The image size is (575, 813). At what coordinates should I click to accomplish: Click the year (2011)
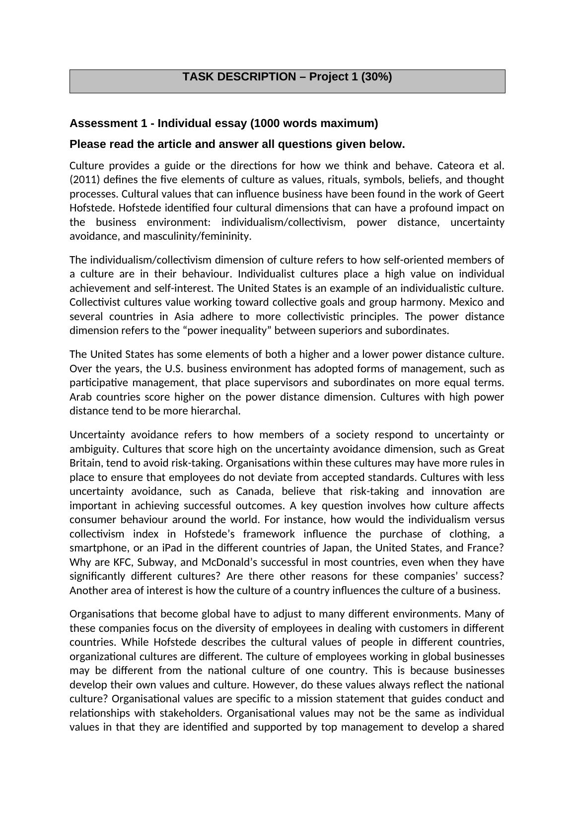[85, 179]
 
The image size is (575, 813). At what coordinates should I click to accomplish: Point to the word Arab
[80, 397]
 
